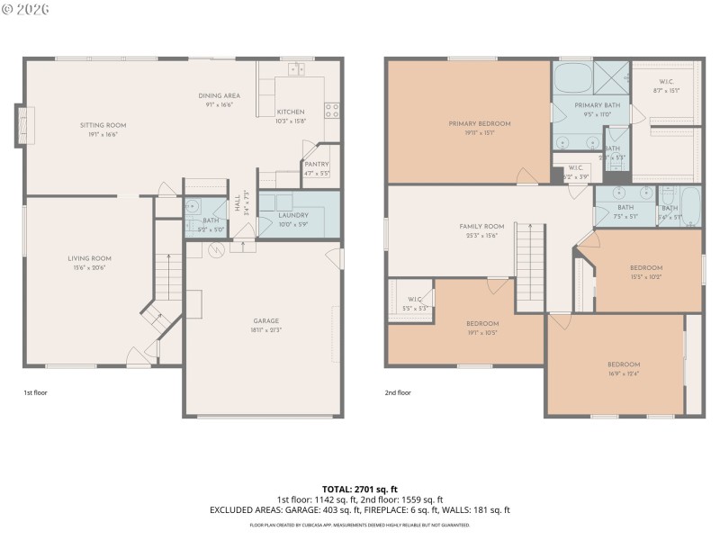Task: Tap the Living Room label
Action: point(90,258)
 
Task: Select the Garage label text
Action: point(265,320)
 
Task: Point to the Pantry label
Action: point(317,164)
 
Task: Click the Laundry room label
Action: point(293,216)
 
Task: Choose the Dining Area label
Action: point(219,95)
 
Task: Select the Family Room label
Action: point(482,226)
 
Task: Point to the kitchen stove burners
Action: point(332,111)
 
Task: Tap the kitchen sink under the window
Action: point(295,68)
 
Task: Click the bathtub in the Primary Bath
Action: point(572,78)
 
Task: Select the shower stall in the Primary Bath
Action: point(612,77)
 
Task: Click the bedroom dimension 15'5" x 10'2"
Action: point(645,277)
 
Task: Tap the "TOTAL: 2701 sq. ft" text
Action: point(359,489)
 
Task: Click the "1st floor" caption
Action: point(36,392)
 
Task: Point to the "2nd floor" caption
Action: point(398,392)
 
